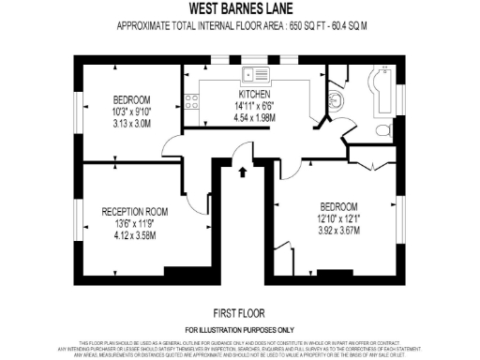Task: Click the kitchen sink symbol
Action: pyautogui.click(x=253, y=74)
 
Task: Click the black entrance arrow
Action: pyautogui.click(x=244, y=171)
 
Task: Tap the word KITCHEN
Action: pyautogui.click(x=254, y=95)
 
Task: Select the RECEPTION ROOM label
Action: pyautogui.click(x=134, y=212)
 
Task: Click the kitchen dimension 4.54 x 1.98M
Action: pyautogui.click(x=254, y=117)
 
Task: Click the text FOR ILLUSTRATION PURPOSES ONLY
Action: pyautogui.click(x=239, y=331)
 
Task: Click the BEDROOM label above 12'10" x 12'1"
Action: pyautogui.click(x=337, y=206)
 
